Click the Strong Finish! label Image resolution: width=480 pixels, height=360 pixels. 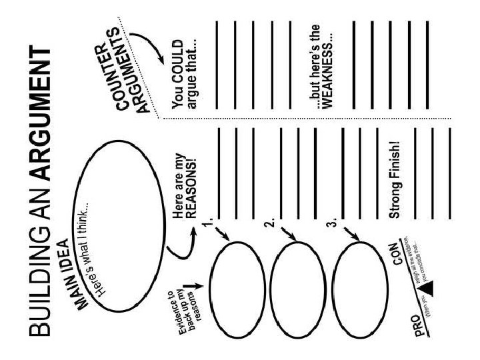(395, 180)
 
